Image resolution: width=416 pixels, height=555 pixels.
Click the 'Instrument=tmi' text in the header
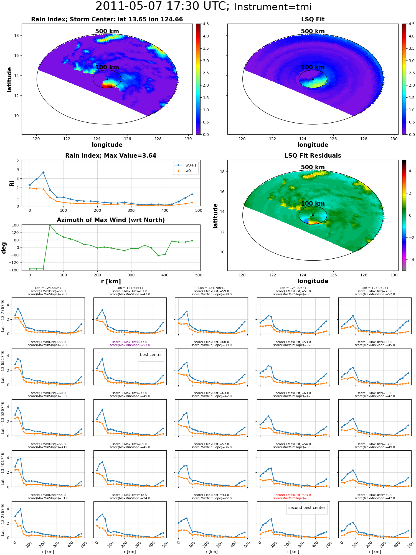(x=273, y=7)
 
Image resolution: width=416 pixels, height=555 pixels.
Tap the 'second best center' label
(x=307, y=508)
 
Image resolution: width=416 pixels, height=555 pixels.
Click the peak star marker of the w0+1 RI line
(x=43, y=172)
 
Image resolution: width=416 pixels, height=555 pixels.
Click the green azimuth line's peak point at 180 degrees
(x=50, y=225)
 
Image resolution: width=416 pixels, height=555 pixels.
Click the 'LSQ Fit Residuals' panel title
(x=313, y=156)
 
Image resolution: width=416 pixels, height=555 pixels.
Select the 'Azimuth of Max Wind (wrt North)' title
(x=111, y=220)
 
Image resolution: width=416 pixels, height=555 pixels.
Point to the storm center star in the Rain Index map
(x=107, y=79)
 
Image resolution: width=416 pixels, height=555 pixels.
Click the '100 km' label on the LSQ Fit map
(x=313, y=67)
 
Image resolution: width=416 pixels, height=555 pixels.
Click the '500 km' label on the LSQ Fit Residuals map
(x=313, y=167)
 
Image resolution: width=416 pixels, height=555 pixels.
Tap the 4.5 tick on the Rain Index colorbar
(x=206, y=24)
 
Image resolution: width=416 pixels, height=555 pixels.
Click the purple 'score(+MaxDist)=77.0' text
(x=130, y=342)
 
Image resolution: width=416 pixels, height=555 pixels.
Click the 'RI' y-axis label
(x=12, y=183)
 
